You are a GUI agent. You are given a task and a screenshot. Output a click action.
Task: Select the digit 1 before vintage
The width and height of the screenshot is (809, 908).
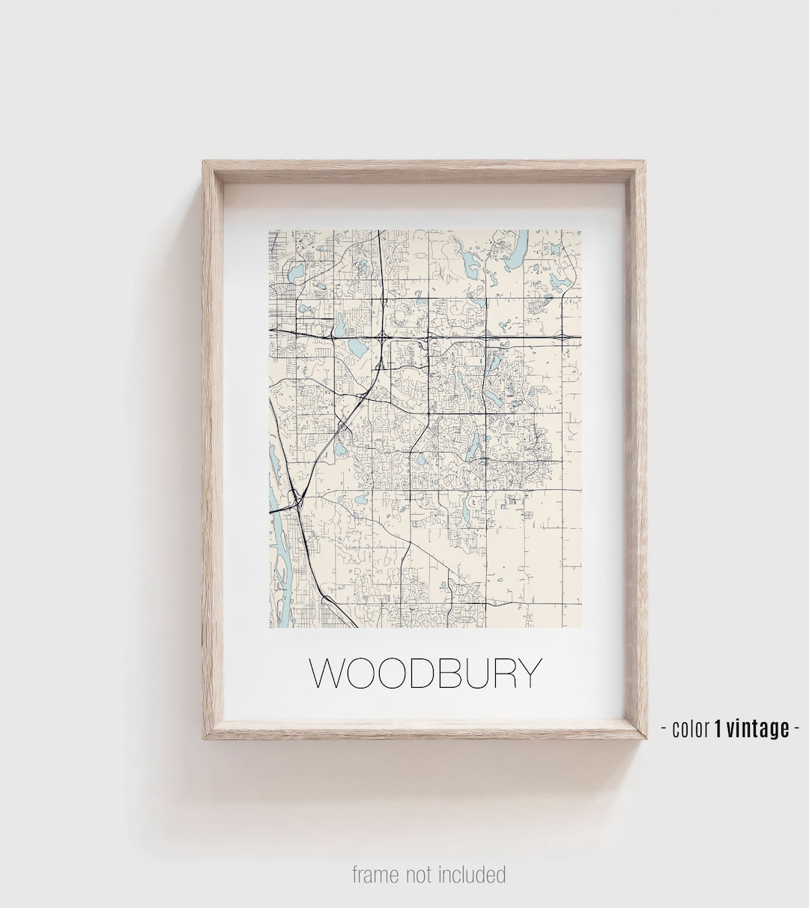click(x=718, y=727)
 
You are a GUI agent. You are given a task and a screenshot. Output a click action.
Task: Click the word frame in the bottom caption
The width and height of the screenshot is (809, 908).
click(x=375, y=874)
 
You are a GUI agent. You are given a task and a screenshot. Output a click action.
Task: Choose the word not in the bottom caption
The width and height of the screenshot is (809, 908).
click(x=422, y=874)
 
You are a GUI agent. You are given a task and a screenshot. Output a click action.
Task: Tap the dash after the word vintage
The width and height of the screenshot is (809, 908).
click(x=796, y=728)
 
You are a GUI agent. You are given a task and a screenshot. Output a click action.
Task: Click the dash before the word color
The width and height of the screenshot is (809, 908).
click(x=664, y=728)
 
